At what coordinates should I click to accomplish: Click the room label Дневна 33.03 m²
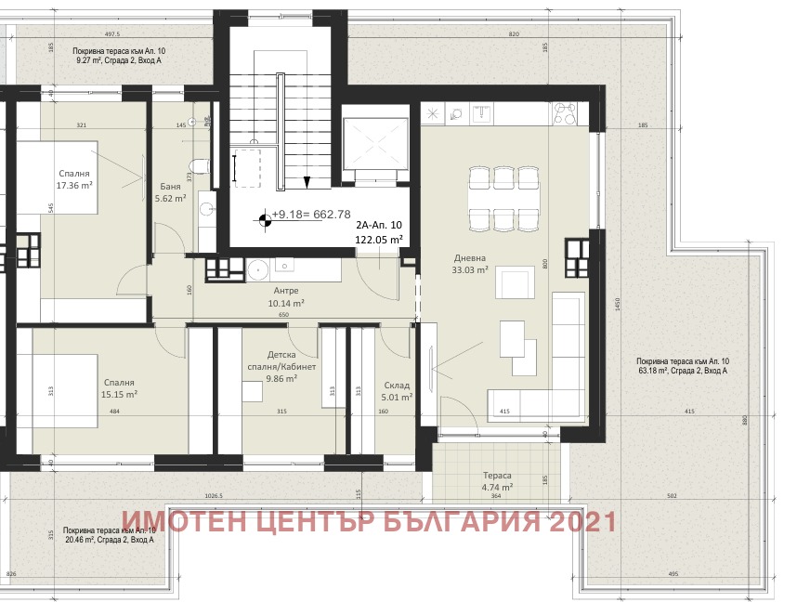(470, 265)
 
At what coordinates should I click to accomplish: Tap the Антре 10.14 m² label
(286, 295)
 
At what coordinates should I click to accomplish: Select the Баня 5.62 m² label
(170, 191)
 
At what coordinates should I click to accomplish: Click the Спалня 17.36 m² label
(74, 179)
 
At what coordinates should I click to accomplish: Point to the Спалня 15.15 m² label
(119, 388)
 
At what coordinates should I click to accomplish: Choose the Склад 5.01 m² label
(397, 390)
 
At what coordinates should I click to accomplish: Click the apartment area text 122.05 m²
(379, 239)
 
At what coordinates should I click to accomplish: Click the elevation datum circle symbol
(265, 220)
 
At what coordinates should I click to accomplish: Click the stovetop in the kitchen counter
(566, 112)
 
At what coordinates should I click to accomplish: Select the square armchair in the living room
(515, 281)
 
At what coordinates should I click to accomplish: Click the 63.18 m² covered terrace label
(682, 365)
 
